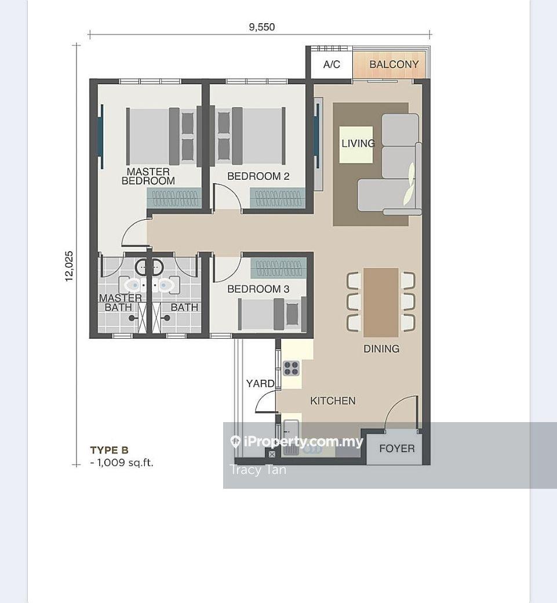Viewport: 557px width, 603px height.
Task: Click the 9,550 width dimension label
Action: (262, 27)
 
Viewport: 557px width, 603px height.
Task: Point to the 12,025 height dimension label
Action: (69, 266)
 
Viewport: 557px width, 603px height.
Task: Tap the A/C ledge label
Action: (332, 64)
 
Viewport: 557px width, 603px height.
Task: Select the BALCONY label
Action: (394, 64)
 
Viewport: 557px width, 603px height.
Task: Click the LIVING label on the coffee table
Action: (358, 143)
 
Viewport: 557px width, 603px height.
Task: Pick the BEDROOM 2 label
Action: (259, 176)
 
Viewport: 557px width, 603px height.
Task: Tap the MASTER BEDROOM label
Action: (148, 176)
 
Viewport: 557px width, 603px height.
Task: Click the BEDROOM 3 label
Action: (259, 289)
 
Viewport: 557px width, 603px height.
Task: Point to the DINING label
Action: (381, 349)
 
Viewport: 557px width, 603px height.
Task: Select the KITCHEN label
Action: (333, 401)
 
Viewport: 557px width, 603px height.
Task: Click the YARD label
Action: (260, 383)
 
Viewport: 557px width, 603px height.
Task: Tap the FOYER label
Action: (396, 448)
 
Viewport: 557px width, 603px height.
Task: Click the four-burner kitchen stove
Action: (292, 368)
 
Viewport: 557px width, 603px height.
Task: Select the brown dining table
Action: (381, 302)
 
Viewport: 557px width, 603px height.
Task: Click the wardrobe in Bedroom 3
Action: (279, 268)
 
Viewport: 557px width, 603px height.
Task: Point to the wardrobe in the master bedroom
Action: (174, 198)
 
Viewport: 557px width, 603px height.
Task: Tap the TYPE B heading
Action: (109, 450)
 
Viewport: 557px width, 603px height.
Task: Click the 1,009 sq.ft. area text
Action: (122, 463)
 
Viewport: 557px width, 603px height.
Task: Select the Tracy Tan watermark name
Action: (258, 470)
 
